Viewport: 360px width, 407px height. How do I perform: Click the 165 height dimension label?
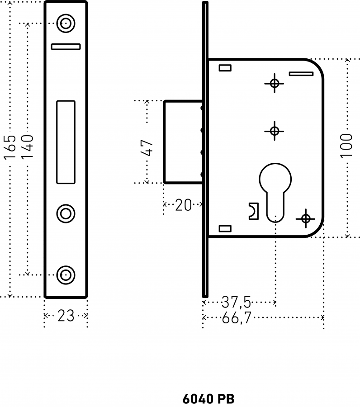[x=10, y=147]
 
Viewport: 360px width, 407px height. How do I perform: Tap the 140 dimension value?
[x=27, y=147]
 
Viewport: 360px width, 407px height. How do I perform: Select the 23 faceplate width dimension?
[x=66, y=316]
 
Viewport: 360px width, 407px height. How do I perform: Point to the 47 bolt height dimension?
[x=147, y=148]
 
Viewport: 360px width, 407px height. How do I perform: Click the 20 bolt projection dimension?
[x=184, y=205]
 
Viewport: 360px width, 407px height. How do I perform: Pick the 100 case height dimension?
[x=346, y=146]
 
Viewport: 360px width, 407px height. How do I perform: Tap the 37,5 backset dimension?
[x=237, y=302]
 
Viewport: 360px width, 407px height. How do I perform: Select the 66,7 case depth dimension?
[x=237, y=317]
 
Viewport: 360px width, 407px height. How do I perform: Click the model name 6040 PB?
[x=208, y=399]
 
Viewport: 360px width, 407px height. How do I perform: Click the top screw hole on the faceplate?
[x=66, y=24]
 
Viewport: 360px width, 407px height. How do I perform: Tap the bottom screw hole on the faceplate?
[x=66, y=275]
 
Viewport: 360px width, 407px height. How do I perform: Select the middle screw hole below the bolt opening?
[x=66, y=213]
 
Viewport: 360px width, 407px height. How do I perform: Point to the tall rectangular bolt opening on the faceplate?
[x=66, y=142]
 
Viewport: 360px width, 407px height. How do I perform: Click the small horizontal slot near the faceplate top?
[x=66, y=47]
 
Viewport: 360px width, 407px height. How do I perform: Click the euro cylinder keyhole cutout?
[x=275, y=193]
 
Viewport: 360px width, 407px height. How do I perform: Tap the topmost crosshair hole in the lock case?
[x=275, y=84]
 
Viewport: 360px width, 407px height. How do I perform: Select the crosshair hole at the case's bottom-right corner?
[x=306, y=218]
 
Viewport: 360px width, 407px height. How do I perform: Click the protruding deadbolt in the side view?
[x=183, y=142]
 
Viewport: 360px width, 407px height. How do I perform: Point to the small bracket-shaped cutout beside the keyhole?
[x=254, y=211]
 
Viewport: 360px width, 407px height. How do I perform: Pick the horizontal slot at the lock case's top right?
[x=301, y=74]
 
